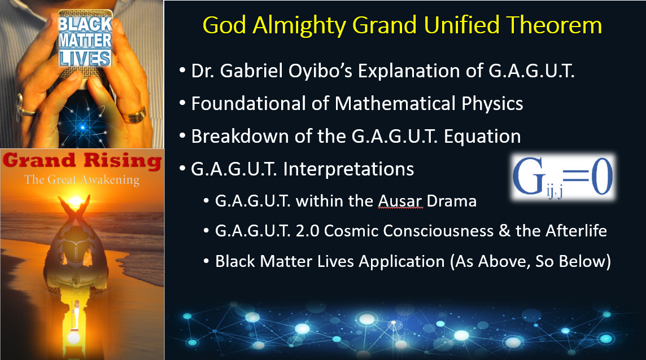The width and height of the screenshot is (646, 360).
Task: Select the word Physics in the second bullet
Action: (x=492, y=104)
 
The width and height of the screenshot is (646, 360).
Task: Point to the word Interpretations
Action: (x=348, y=169)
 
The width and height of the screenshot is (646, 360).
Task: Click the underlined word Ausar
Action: (x=400, y=201)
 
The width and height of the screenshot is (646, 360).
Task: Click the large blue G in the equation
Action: (x=530, y=176)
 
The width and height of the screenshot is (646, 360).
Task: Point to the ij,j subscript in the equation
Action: (x=555, y=192)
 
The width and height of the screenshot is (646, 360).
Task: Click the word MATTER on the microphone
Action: (x=85, y=41)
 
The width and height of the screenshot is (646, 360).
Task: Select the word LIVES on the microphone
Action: (x=85, y=59)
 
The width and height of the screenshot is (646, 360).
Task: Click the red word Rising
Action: (x=123, y=160)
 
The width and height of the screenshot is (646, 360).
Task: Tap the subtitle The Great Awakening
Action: (x=81, y=179)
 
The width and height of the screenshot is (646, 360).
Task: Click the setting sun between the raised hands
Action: (x=76, y=201)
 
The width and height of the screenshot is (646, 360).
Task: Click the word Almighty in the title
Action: (x=299, y=25)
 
